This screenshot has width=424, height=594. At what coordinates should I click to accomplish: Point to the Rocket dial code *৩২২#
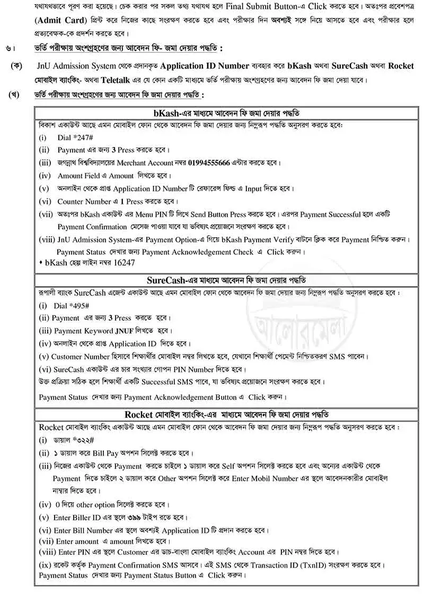(80, 441)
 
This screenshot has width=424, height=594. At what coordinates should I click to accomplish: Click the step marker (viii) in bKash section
(46, 239)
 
